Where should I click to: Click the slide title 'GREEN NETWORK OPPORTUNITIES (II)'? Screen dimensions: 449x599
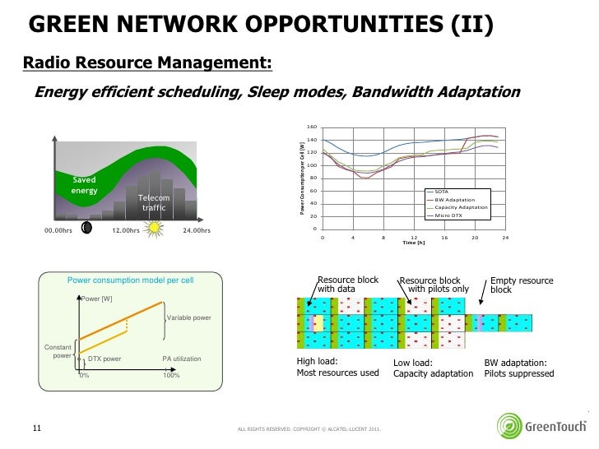[x=261, y=27]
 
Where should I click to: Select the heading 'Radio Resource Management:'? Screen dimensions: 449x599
[x=146, y=63]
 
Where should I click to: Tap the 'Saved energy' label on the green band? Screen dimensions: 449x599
[x=84, y=185]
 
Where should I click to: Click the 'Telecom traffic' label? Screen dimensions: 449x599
[x=154, y=203]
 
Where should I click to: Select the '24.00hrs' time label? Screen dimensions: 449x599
[x=196, y=230]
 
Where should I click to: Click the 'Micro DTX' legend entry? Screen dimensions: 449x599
[x=449, y=215]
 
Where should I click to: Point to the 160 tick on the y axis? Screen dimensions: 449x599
[x=312, y=127]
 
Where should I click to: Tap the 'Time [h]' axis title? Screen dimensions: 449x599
[x=414, y=243]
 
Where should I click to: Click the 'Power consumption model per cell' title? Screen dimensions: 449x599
[x=131, y=280]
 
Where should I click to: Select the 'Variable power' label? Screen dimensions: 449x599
[x=189, y=317]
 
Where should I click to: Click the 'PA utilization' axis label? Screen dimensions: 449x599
[x=182, y=359]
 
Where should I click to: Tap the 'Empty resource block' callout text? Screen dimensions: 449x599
[x=522, y=285]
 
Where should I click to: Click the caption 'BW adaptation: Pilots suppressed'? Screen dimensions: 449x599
[x=518, y=368]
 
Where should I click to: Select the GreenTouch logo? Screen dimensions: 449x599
[x=542, y=424]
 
